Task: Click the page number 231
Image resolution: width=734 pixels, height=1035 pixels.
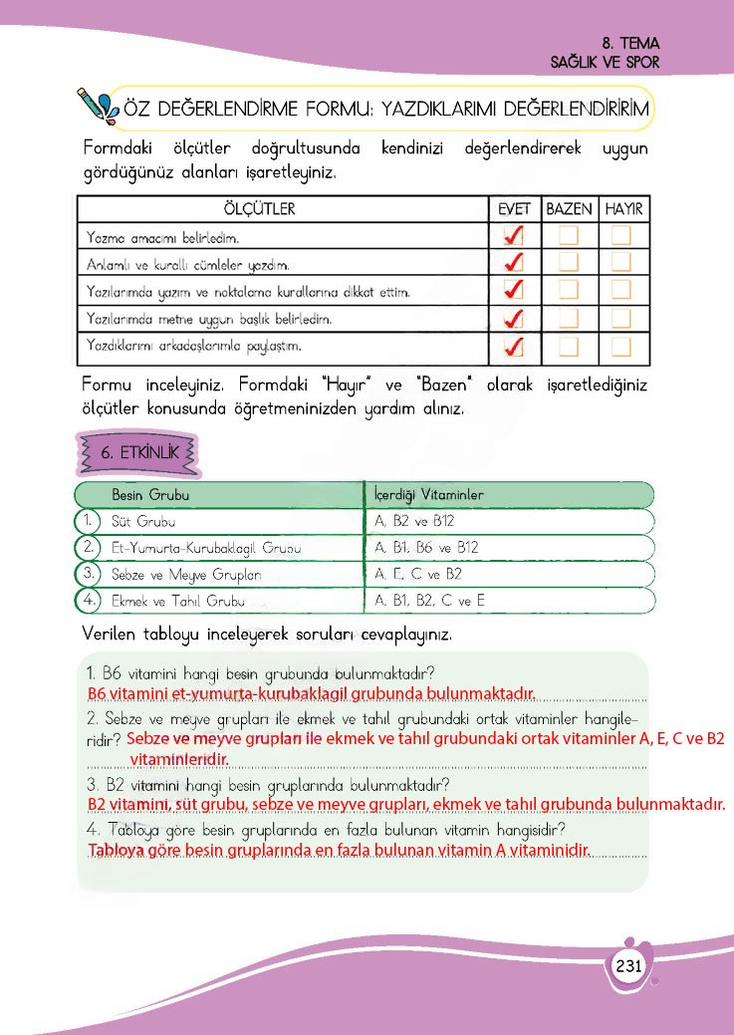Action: pyautogui.click(x=628, y=966)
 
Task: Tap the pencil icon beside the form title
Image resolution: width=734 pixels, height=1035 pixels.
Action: pyautogui.click(x=98, y=104)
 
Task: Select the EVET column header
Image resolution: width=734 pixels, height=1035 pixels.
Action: pyautogui.click(x=515, y=209)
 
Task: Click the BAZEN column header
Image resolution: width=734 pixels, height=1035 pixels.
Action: pyautogui.click(x=569, y=209)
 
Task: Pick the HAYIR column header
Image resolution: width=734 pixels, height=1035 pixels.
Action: pyautogui.click(x=623, y=209)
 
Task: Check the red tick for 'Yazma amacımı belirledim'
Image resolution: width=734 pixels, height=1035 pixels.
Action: pyautogui.click(x=515, y=236)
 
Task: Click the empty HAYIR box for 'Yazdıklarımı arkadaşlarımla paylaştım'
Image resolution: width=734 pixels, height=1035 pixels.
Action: pyautogui.click(x=622, y=347)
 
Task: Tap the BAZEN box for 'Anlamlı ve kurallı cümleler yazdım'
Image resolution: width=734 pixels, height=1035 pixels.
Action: pyautogui.click(x=569, y=263)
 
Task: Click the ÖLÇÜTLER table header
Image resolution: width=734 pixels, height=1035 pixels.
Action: pyautogui.click(x=259, y=209)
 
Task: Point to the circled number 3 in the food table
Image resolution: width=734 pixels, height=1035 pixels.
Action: pyautogui.click(x=89, y=574)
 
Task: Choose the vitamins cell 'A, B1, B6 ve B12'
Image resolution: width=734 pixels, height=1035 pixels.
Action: pyautogui.click(x=427, y=548)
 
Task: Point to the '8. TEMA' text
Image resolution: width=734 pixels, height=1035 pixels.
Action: pyautogui.click(x=631, y=44)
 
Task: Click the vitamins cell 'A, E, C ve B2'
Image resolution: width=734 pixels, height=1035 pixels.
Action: pyautogui.click(x=418, y=574)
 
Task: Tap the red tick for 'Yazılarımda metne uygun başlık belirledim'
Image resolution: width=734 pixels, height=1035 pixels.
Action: pyautogui.click(x=515, y=319)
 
